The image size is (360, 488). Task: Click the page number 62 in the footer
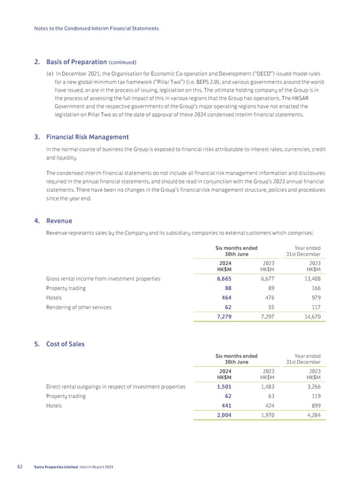[24, 467]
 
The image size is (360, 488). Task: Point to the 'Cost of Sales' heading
[65, 344]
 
